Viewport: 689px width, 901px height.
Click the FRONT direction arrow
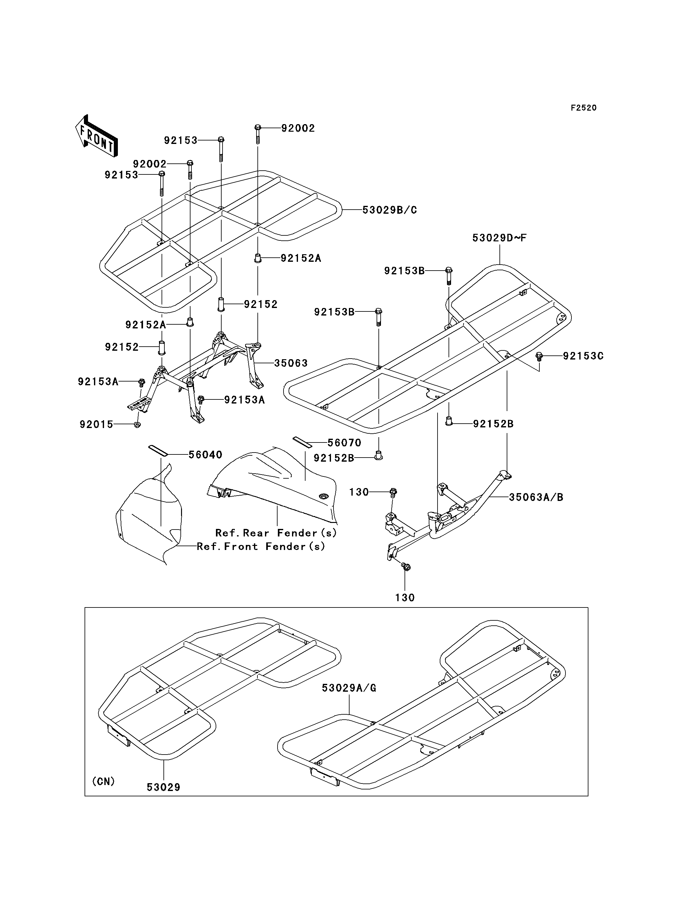pyautogui.click(x=96, y=136)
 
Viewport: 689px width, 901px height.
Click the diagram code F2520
pyautogui.click(x=584, y=108)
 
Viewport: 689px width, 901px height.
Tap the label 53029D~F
pyautogui.click(x=499, y=238)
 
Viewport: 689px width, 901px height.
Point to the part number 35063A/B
pyautogui.click(x=536, y=497)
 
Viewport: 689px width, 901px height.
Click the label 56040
pyautogui.click(x=206, y=455)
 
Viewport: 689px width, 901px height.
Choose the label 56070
pyautogui.click(x=344, y=443)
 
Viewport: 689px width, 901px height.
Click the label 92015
pyautogui.click(x=96, y=425)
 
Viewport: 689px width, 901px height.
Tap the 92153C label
pyautogui.click(x=583, y=356)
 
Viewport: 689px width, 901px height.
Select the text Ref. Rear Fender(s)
pyautogui.click(x=276, y=533)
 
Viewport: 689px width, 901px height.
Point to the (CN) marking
pyautogui.click(x=103, y=782)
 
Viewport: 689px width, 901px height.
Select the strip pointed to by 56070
pyautogui.click(x=302, y=442)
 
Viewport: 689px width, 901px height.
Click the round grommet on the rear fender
pyautogui.click(x=324, y=497)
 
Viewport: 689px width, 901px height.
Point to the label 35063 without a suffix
pyautogui.click(x=291, y=363)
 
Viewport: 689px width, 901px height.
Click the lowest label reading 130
pyautogui.click(x=405, y=598)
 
